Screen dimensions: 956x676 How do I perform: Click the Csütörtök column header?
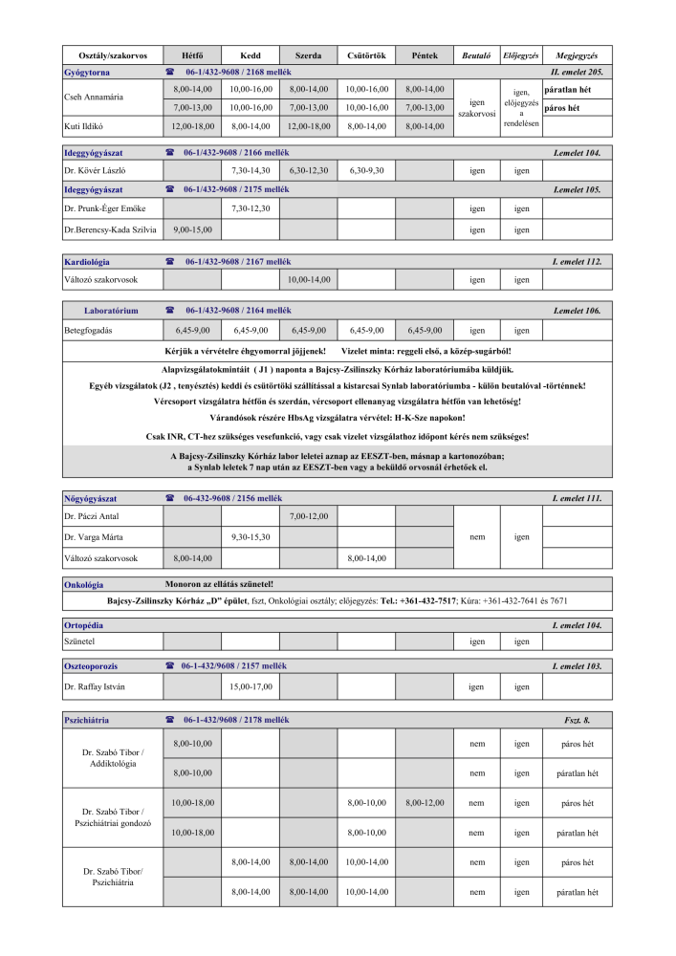[x=365, y=55]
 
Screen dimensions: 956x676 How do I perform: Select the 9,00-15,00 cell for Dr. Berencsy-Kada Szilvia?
[x=192, y=229]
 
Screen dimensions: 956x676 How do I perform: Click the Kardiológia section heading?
[x=87, y=261]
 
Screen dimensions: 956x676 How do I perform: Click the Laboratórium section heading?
[x=111, y=311]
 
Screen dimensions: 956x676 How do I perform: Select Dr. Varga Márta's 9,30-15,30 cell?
[x=251, y=537]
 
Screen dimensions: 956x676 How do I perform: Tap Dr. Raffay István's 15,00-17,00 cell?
[x=251, y=686]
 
